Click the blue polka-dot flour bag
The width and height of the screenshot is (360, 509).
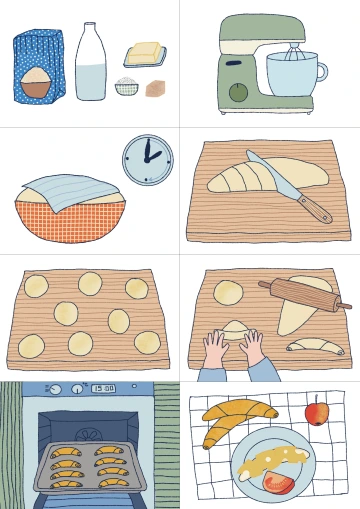point(38,66)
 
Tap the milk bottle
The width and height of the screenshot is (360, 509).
point(90,62)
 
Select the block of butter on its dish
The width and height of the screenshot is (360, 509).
point(144,53)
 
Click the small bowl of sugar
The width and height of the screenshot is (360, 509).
point(127,86)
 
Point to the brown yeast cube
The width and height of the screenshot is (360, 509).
point(156,88)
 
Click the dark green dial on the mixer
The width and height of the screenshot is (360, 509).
point(238,92)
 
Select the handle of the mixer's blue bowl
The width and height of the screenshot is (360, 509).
point(322,72)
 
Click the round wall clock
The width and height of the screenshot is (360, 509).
point(148,160)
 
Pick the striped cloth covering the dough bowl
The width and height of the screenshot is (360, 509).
point(71,191)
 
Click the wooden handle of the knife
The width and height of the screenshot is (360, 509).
point(315,209)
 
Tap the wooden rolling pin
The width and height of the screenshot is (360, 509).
point(305,295)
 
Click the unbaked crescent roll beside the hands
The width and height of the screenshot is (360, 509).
point(315,346)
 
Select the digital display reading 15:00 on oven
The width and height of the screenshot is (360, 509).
point(103,388)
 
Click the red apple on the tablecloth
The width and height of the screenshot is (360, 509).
point(317,413)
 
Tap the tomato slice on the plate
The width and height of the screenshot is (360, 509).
point(279,482)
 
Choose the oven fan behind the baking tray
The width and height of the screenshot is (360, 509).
point(89,435)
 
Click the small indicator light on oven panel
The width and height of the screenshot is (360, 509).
point(134,386)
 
